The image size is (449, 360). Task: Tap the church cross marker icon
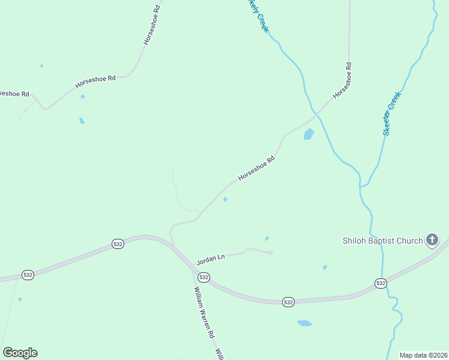pos(432,241)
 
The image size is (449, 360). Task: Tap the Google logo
pos(20,353)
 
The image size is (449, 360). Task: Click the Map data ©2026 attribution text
pos(424,355)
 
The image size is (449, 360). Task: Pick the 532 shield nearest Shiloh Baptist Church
pos(380,283)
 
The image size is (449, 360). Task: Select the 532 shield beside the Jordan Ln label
pos(203,277)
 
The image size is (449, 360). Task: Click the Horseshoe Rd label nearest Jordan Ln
pos(256,168)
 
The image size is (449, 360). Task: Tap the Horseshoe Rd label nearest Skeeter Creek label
pos(342,80)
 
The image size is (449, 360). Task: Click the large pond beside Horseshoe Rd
pos(309,134)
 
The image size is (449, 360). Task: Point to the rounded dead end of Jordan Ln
pos(271,253)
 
